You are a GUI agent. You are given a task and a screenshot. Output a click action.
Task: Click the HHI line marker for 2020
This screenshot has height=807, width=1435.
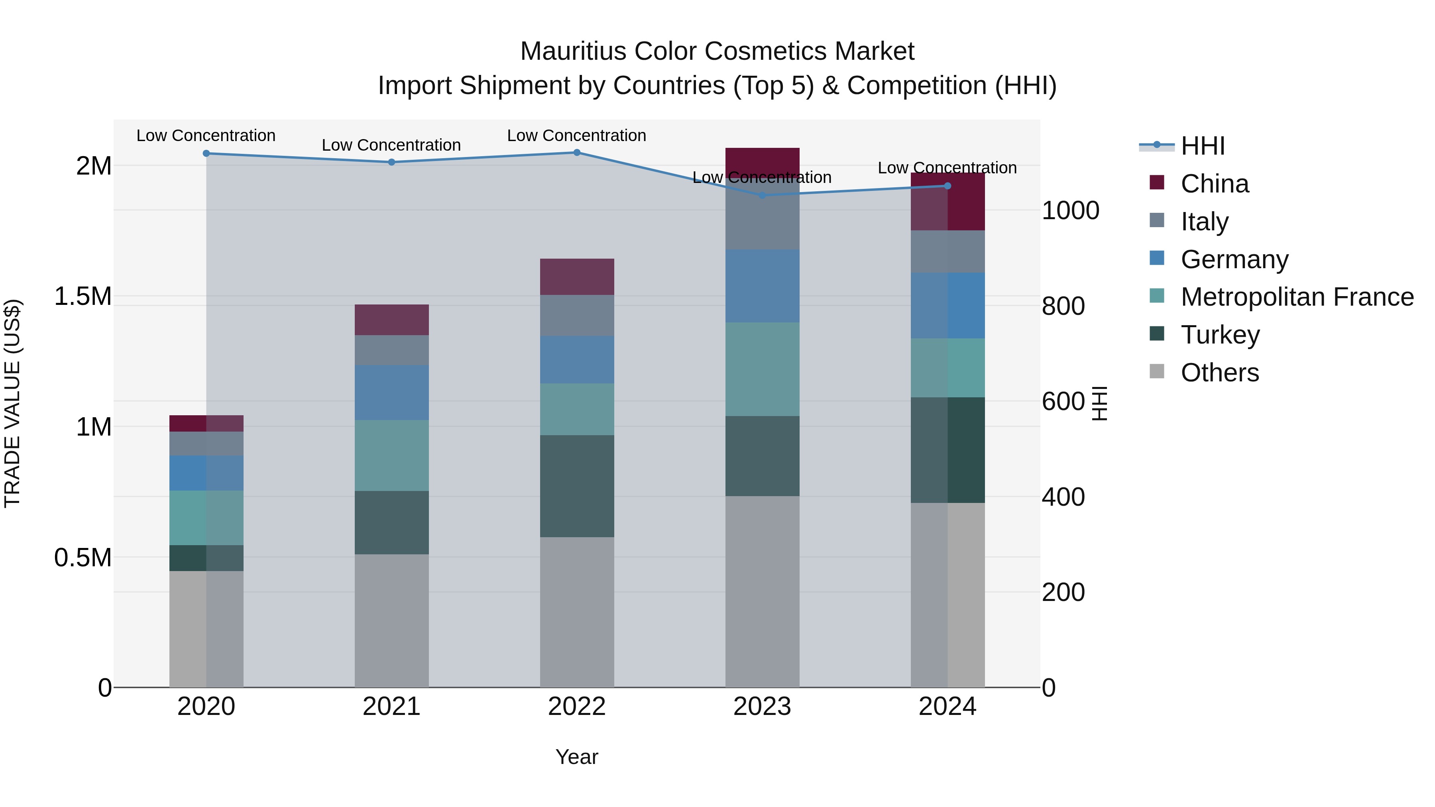click(206, 153)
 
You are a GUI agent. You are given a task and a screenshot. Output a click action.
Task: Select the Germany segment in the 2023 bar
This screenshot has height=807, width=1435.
click(762, 286)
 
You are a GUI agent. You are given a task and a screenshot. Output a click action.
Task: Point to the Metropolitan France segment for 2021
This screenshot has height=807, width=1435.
click(391, 455)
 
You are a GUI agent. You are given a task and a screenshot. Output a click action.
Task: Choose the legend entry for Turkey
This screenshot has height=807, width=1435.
click(1220, 335)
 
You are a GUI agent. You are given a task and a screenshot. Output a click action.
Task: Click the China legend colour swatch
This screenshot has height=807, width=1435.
click(1156, 183)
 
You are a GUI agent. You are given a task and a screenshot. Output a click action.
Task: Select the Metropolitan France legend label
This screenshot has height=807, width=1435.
click(1297, 297)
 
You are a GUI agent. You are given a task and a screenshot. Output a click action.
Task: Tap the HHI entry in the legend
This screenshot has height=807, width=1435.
click(1202, 146)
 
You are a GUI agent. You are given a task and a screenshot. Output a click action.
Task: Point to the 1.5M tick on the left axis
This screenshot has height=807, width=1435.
click(83, 296)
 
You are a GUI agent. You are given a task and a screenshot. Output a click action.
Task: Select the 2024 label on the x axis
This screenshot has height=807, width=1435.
click(947, 707)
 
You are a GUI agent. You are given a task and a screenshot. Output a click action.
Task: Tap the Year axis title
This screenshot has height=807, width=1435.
click(576, 757)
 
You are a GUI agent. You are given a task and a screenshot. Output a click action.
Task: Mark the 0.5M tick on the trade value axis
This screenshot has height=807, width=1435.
click(83, 558)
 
